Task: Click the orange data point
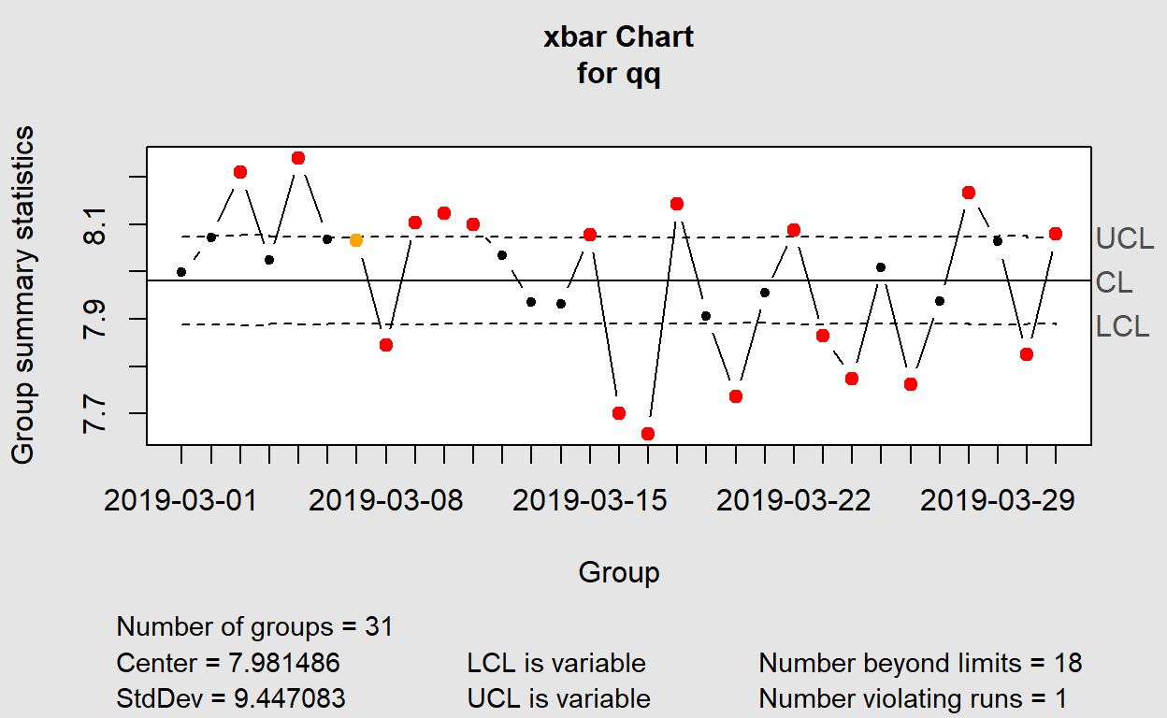[356, 240]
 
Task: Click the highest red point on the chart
[298, 158]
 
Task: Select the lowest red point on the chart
[648, 434]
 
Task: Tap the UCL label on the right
[1125, 238]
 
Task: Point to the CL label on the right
[1115, 282]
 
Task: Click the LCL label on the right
[1123, 326]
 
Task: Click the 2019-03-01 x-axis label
[181, 500]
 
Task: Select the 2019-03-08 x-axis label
[385, 500]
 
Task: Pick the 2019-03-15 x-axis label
[590, 500]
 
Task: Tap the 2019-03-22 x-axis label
[794, 500]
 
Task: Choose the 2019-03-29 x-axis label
[998, 500]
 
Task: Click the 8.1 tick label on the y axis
[95, 224]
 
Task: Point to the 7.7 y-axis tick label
[95, 413]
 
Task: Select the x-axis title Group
[619, 572]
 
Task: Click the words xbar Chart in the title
[619, 37]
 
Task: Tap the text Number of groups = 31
[254, 626]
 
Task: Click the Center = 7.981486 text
[228, 663]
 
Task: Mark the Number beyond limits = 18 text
[920, 663]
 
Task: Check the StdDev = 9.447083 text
[231, 698]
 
